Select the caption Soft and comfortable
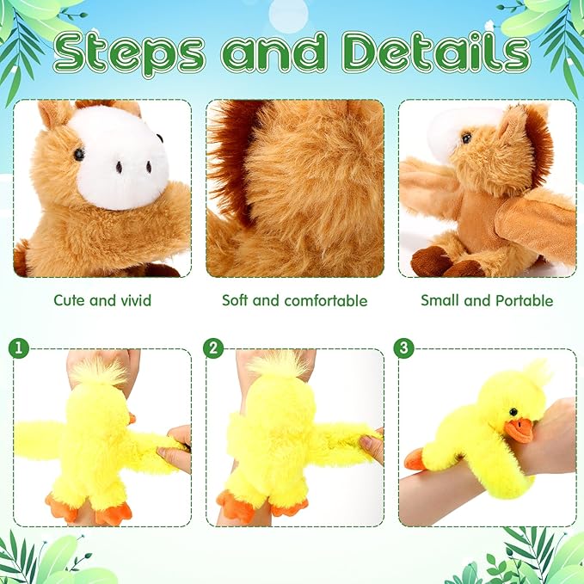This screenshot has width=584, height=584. [294, 300]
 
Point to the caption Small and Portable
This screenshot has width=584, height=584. [487, 300]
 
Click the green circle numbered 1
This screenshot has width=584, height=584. [19, 349]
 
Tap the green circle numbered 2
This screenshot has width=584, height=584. [212, 349]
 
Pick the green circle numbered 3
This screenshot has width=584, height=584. [403, 349]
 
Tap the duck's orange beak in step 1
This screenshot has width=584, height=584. [132, 418]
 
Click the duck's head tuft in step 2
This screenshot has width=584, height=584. [277, 366]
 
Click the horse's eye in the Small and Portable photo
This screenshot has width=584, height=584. [465, 138]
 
